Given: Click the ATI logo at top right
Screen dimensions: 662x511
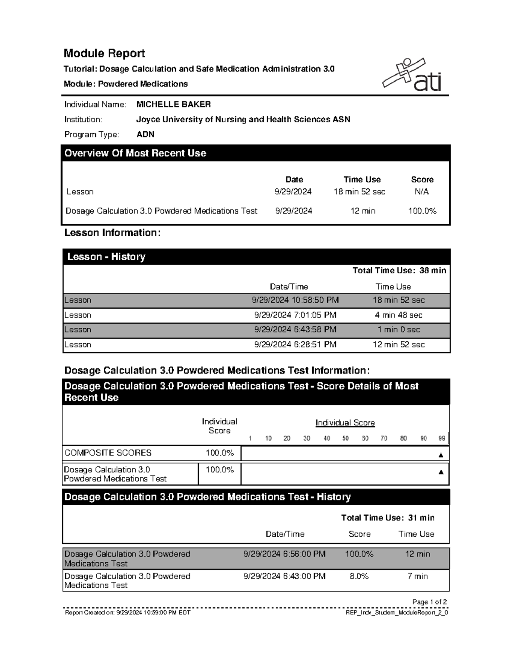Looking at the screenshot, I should (x=412, y=75).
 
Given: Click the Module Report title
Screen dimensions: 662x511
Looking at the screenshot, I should (x=104, y=53).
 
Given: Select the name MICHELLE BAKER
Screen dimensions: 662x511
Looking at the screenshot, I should (x=173, y=104).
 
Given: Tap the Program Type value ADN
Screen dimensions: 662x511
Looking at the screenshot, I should (x=145, y=134).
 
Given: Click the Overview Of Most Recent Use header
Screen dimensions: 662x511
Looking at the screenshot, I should (x=135, y=153).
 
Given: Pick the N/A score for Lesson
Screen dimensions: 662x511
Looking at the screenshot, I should (x=422, y=192).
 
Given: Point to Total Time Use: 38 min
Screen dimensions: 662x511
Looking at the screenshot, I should (x=399, y=270).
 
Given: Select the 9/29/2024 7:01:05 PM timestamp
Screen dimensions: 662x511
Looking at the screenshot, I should (x=295, y=315).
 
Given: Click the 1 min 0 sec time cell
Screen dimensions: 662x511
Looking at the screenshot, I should (x=399, y=330).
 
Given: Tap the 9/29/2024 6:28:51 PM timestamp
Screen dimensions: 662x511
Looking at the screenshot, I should (x=295, y=344).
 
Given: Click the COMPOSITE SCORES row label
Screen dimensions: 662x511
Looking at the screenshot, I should (x=108, y=453).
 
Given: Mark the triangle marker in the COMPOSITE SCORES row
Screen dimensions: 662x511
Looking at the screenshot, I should (x=441, y=455).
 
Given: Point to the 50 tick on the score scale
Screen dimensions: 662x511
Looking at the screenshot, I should (x=345, y=438).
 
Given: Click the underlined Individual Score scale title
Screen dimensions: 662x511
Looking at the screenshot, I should (x=345, y=423).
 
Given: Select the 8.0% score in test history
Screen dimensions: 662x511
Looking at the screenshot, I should (x=359, y=576).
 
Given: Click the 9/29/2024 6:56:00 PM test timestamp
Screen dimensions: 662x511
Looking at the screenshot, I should (x=284, y=554).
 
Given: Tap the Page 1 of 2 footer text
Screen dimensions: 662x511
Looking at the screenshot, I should (x=429, y=602).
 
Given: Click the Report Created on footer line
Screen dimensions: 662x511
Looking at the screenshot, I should (x=127, y=613).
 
